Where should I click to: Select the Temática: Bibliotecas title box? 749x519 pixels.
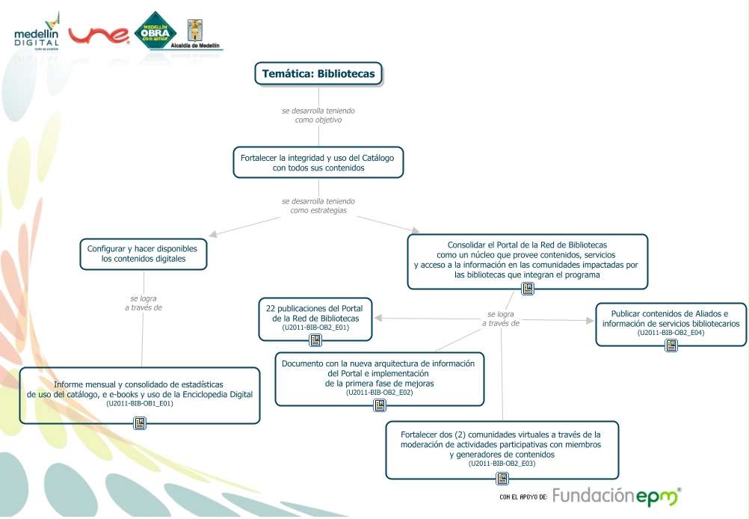(x=319, y=73)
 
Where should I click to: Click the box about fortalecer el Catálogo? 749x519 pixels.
(x=318, y=162)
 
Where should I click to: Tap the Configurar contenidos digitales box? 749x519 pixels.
(x=143, y=254)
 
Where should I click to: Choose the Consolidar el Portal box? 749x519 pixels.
(x=527, y=260)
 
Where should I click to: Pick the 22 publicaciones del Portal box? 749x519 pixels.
(x=315, y=317)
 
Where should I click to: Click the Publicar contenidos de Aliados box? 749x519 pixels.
(x=671, y=323)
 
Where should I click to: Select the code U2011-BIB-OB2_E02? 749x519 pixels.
(x=380, y=393)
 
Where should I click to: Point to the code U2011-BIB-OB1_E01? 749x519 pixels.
(x=140, y=404)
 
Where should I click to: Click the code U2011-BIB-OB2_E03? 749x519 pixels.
(x=502, y=464)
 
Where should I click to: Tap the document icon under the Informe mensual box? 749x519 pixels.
(x=140, y=423)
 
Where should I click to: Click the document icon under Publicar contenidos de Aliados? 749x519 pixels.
(x=671, y=345)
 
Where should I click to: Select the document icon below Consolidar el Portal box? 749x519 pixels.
(x=528, y=288)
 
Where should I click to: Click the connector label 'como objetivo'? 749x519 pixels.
(x=318, y=120)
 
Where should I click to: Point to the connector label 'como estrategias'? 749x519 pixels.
(x=318, y=211)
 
